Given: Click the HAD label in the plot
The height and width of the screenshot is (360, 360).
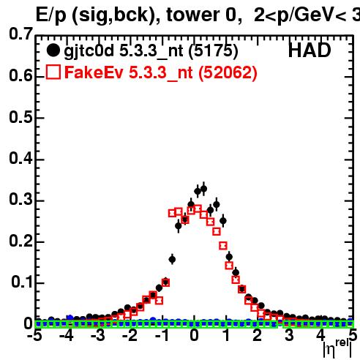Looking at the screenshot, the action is [310, 50].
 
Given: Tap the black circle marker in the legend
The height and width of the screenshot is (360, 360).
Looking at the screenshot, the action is [53, 50].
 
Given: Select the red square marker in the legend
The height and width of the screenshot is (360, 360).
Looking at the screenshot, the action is [53, 72].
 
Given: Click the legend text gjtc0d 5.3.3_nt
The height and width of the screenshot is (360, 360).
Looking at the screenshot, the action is [124, 51].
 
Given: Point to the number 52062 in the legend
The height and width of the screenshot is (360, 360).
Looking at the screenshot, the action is [228, 72].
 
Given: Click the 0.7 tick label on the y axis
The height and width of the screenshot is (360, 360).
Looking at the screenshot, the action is [20, 34].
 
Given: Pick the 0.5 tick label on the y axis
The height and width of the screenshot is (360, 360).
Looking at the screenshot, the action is [20, 117].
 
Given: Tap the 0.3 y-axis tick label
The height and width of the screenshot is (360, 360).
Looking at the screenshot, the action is [20, 200].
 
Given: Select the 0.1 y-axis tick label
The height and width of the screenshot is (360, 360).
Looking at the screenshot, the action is [22, 282].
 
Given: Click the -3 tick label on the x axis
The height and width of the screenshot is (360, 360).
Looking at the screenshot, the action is [98, 335].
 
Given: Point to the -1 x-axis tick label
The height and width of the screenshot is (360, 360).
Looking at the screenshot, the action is [162, 335].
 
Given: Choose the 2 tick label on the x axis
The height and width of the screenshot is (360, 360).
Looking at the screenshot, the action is [258, 335].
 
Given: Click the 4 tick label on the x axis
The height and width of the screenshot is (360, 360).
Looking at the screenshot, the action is [320, 335].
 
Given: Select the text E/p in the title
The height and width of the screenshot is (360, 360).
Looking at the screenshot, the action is [51, 15].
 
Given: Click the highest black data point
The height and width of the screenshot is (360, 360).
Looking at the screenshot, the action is [203, 189].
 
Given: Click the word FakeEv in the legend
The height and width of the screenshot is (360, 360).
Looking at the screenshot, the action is [94, 72].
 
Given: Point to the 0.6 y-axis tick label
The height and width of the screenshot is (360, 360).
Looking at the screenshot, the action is [20, 75].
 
